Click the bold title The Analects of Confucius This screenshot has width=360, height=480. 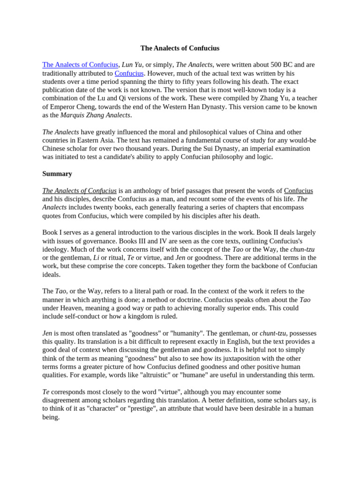(x=180, y=48)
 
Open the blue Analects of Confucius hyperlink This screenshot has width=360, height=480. (x=80, y=65)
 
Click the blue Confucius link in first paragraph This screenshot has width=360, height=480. (x=129, y=73)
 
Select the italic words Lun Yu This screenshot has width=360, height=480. (x=132, y=65)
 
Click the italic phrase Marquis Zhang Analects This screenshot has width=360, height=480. (x=96, y=115)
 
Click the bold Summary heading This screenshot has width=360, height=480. (x=57, y=174)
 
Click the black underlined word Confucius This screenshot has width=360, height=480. (x=298, y=191)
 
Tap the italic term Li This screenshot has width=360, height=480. (x=96, y=258)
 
